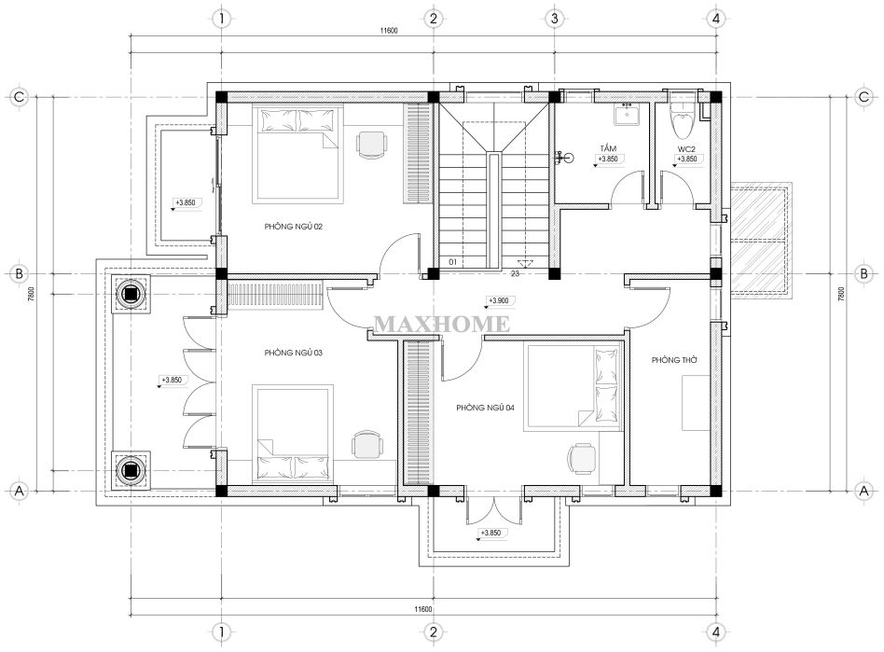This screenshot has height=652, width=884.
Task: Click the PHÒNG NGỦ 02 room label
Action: (x=293, y=227)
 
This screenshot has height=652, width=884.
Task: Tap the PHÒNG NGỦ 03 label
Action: (x=293, y=354)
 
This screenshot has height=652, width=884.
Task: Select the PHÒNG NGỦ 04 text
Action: (x=486, y=408)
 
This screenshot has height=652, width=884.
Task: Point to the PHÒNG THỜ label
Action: (x=674, y=360)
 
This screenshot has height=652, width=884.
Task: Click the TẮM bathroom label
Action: (x=608, y=149)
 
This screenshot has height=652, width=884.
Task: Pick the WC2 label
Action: (x=686, y=149)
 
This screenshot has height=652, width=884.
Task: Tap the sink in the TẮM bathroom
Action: (x=627, y=116)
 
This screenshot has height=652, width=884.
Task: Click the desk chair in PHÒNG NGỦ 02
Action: (x=371, y=145)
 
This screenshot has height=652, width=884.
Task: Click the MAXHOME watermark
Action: (x=442, y=325)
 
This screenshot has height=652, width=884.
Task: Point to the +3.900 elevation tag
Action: (x=498, y=301)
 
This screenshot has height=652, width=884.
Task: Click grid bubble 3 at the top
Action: (x=554, y=19)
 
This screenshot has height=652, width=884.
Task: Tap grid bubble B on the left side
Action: (x=20, y=274)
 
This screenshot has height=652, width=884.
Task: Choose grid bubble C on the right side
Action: (x=863, y=97)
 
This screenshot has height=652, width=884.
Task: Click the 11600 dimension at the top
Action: (x=389, y=31)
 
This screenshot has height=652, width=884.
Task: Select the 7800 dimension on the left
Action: (x=32, y=294)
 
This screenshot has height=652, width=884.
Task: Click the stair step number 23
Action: (x=515, y=273)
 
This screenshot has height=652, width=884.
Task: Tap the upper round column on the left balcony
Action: (x=131, y=293)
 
